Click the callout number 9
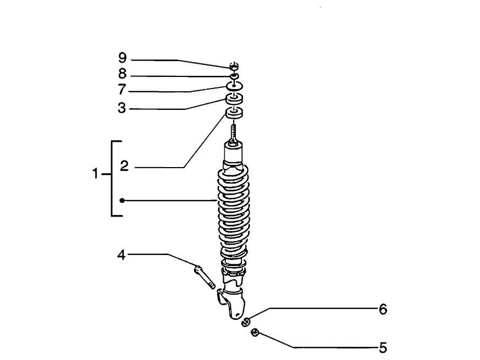[123, 58]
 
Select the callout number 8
[123, 74]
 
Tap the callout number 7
[122, 90]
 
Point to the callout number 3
[122, 108]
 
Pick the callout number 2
[124, 166]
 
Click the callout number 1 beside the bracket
[95, 174]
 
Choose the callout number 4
[122, 255]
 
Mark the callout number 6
[383, 309]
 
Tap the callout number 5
[383, 348]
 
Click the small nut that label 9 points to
[234, 66]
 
